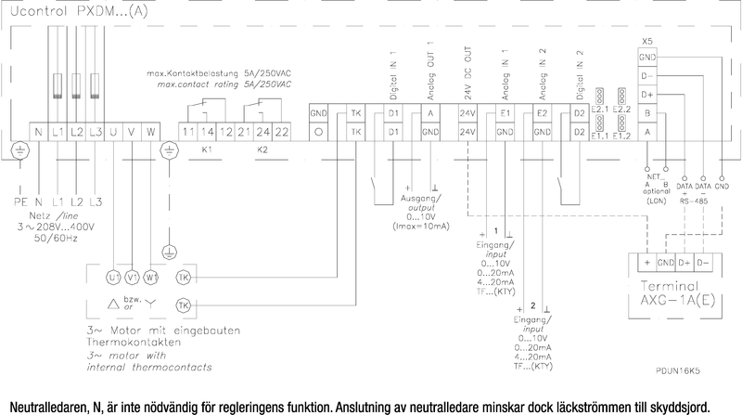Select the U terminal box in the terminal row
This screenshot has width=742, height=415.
point(114,132)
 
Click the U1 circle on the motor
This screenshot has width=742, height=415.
point(114,278)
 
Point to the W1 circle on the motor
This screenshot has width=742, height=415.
point(152,278)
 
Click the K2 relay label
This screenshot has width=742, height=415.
point(262,149)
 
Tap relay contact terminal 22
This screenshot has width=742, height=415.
point(282,132)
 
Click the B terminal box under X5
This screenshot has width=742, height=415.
point(646,112)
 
